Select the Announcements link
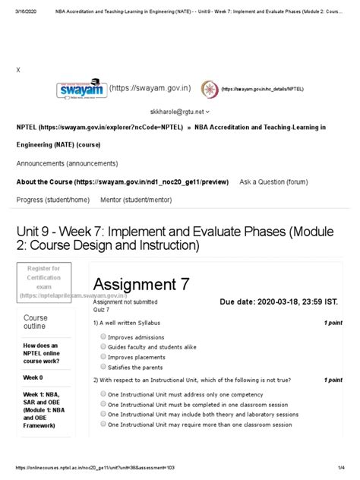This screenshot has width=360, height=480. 67,163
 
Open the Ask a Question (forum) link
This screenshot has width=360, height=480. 273,182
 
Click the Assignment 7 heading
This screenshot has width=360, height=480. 141,285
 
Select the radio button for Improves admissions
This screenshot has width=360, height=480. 103,337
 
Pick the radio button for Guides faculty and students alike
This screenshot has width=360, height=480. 103,347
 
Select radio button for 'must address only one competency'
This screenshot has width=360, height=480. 103,394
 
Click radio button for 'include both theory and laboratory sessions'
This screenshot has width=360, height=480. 103,415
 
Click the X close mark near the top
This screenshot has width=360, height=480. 18,68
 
